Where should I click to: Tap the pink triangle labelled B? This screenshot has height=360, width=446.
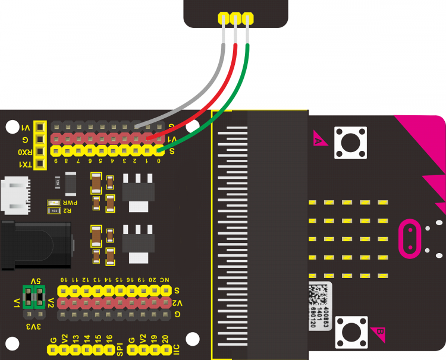(378, 333)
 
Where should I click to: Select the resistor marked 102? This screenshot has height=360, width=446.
(54, 210)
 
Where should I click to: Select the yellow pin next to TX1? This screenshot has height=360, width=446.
(40, 164)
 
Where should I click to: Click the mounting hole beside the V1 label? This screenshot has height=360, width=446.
(11, 127)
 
